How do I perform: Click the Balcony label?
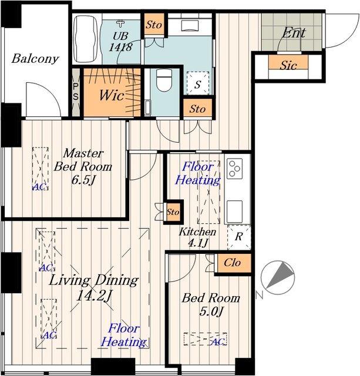35,59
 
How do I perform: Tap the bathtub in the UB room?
86,39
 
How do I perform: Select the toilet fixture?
164,80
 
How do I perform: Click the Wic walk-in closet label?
112,95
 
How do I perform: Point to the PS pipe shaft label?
76,92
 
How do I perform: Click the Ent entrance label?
294,33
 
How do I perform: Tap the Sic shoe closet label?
288,65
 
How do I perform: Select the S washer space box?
198,83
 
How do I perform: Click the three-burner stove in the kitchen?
235,169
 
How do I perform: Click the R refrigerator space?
239,237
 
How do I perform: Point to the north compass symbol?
278,278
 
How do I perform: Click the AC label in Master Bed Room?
39,187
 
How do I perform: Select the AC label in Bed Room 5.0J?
218,342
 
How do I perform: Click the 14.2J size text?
94,296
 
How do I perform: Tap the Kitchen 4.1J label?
197,237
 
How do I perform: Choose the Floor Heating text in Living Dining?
123,335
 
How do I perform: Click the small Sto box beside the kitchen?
173,212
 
